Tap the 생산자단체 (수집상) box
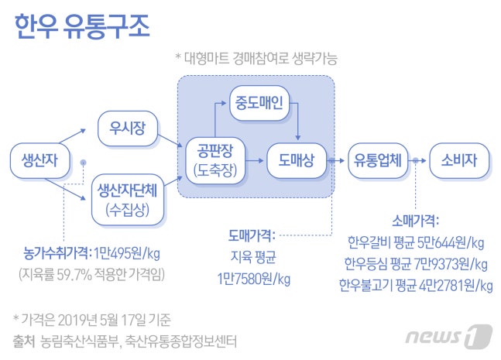pos(127,199)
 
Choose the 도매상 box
pos(295,160)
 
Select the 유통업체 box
pos(377,160)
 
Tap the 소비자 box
pos(458,160)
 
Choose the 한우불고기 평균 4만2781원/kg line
pos(416,286)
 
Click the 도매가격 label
pos(250,233)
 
